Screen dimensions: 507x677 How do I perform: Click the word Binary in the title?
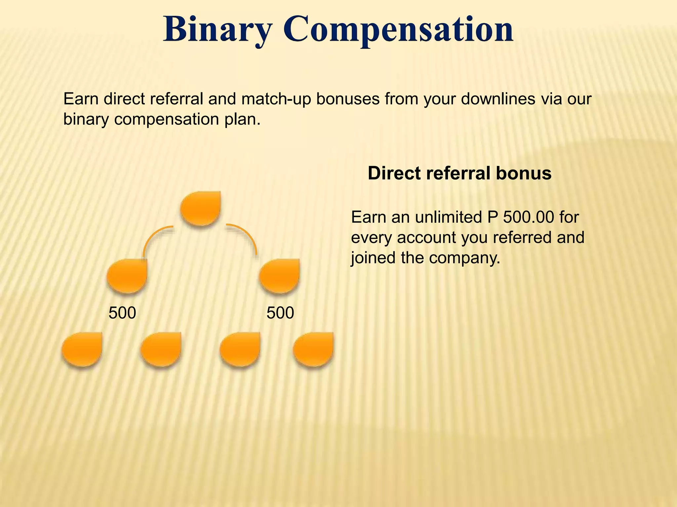217,30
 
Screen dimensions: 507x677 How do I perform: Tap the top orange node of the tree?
201,208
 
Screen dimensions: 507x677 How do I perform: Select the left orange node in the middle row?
127,276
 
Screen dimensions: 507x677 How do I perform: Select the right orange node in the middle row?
280,276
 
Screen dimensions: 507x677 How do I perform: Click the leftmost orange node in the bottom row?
82,349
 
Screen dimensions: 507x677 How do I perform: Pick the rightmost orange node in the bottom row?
313,349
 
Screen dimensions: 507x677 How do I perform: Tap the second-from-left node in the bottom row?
161,349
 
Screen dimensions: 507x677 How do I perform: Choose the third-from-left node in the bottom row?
240,349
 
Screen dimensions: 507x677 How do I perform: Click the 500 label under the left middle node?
122,313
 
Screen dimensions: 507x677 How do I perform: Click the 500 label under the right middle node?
280,313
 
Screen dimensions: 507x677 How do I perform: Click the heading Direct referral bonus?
459,173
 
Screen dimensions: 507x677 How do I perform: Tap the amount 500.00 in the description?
528,217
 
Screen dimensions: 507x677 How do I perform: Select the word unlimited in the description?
449,217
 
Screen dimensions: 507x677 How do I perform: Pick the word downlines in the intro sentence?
498,99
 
